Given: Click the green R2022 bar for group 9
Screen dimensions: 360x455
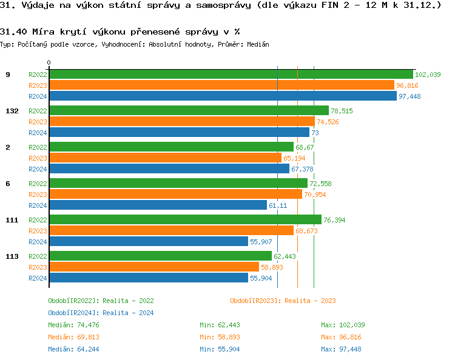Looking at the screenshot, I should pos(231,74).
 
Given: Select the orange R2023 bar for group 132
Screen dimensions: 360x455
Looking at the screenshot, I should pos(181,121).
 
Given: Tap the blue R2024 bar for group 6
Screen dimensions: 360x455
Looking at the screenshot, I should pos(158,205).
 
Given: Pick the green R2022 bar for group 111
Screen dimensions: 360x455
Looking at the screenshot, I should pos(185,219).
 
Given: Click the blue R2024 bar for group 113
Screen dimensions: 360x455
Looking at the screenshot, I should pos(149,278).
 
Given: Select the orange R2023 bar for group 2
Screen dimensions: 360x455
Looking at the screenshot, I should pos(165,158).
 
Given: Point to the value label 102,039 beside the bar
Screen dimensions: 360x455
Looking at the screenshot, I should pos(428,75).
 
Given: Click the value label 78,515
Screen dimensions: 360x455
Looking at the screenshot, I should pos(342,111).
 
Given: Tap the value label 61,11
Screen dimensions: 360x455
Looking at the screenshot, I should pos(278,205).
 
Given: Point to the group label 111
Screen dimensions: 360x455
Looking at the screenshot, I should pos(12,220).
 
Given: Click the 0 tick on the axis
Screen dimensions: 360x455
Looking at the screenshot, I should pos(49,62).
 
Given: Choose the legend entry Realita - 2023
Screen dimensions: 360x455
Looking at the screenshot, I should pos(283,301).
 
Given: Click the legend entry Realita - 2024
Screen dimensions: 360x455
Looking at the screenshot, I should pos(101,313).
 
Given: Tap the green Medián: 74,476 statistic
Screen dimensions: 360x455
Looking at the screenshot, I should pos(70,325).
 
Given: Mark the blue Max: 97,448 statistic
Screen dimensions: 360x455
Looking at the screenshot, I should pos(341,349).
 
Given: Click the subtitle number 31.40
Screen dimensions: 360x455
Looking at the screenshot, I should pos(12,32).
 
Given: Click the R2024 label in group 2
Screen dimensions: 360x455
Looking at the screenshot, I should pos(38,169).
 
